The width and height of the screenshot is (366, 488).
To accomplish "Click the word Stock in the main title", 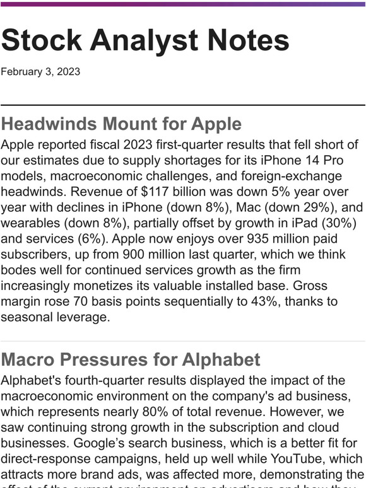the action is [x=40, y=40].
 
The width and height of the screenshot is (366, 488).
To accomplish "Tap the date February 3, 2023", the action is [x=40, y=71].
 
